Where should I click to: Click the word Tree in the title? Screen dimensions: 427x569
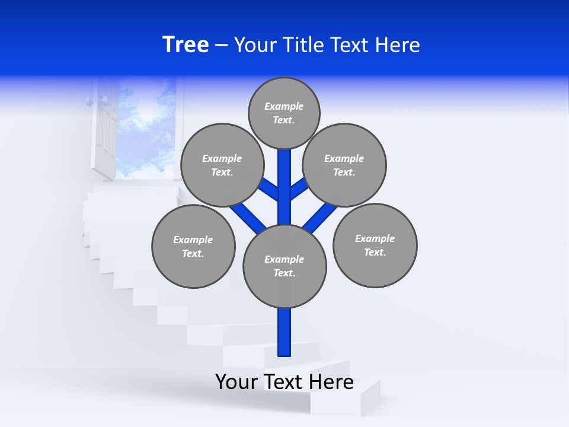pyautogui.click(x=186, y=44)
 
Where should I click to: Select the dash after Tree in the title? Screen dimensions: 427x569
pyautogui.click(x=221, y=46)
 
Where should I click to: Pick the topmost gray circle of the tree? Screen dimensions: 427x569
pyautogui.click(x=284, y=113)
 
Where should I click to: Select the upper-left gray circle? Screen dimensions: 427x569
pyautogui.click(x=222, y=165)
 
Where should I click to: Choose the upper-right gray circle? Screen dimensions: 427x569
pyautogui.click(x=344, y=165)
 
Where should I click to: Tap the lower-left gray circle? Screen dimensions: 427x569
pyautogui.click(x=193, y=246)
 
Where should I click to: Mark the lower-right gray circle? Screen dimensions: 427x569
pyautogui.click(x=375, y=245)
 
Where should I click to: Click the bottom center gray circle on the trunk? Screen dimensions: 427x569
pyautogui.click(x=284, y=266)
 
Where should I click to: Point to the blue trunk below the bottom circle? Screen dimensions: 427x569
pyautogui.click(x=284, y=332)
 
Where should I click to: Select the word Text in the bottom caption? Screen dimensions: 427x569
pyautogui.click(x=286, y=382)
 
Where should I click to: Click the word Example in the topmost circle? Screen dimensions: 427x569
pyautogui.click(x=284, y=106)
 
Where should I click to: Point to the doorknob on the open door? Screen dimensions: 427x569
pyautogui.click(x=90, y=101)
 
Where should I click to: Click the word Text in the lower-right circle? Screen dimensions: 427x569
pyautogui.click(x=375, y=252)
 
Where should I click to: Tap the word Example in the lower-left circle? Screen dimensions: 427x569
pyautogui.click(x=193, y=240)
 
